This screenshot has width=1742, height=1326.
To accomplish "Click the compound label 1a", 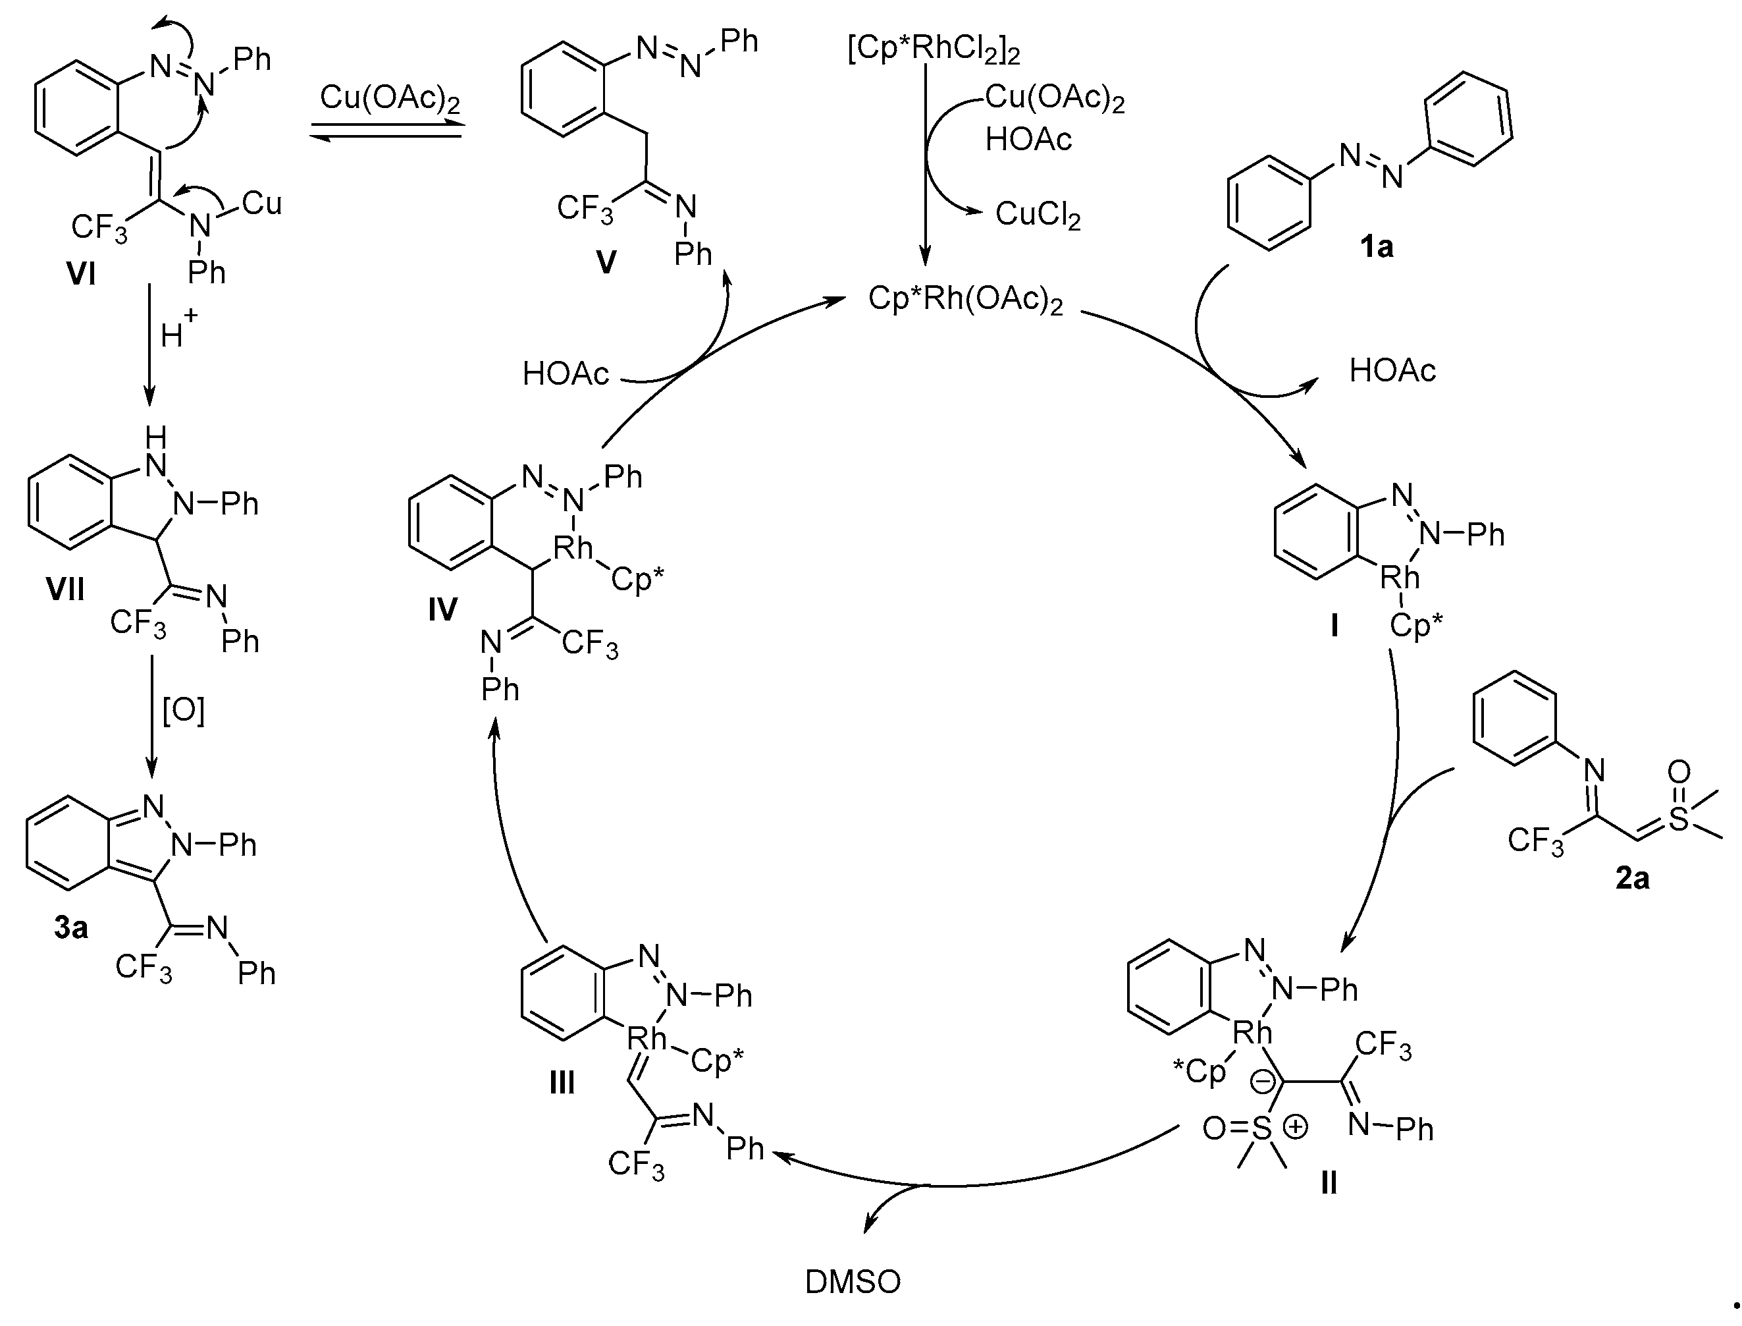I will (1376, 248).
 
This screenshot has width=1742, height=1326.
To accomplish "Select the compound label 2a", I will (1632, 879).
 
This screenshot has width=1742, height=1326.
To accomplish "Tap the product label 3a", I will (71, 928).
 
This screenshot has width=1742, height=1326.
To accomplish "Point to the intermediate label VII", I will (65, 590).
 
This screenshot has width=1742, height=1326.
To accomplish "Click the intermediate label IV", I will (442, 609).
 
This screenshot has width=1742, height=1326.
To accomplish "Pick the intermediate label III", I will (562, 1084).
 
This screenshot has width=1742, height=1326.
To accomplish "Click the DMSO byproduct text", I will (852, 1283).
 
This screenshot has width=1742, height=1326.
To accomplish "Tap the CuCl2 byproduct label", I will (1038, 214).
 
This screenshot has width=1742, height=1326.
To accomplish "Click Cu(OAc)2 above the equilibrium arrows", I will (390, 99).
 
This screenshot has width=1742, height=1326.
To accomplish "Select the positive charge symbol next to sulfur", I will (1296, 1127).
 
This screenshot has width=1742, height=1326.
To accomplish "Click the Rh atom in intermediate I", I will (1400, 578).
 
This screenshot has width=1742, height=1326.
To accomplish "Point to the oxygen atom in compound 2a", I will (1679, 771).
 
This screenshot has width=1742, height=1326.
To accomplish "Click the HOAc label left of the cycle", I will (566, 373).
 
